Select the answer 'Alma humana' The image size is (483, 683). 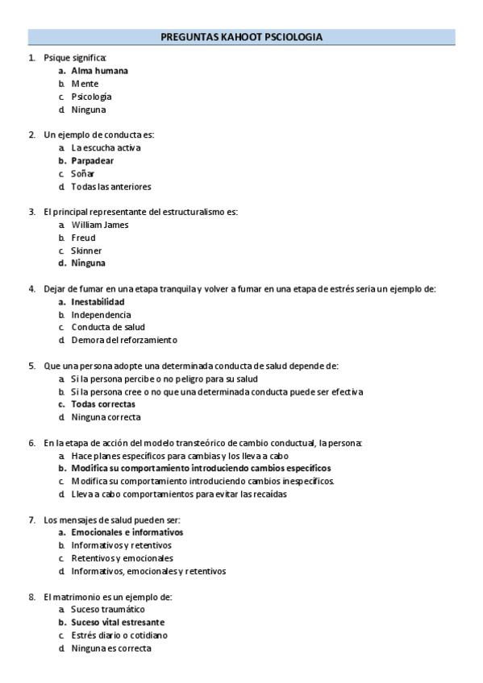point(99,71)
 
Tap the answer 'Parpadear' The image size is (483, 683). point(92,160)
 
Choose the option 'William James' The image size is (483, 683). point(99,225)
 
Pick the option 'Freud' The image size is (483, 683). point(83,238)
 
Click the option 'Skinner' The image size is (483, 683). point(86,250)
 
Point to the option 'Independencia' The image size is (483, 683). point(100,315)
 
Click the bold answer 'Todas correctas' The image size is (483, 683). point(103,404)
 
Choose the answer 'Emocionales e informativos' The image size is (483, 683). point(127,532)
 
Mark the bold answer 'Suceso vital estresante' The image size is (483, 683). point(118,623)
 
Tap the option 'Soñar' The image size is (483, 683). point(82,173)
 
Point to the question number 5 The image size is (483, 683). point(31,366)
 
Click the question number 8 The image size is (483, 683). point(31,597)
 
